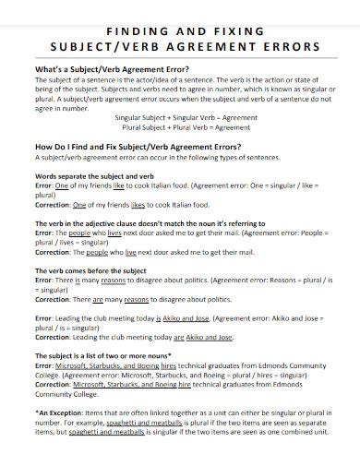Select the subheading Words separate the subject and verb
93,175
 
